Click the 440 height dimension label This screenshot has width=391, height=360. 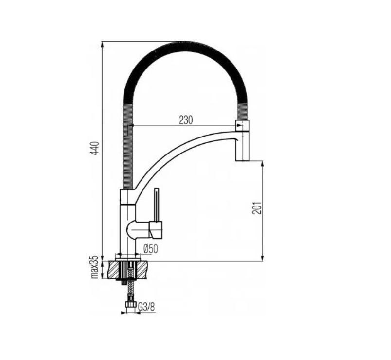coord(96,148)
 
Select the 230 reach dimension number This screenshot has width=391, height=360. coord(185,120)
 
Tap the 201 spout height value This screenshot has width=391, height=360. coord(258,207)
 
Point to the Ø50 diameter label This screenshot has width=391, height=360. coord(151,249)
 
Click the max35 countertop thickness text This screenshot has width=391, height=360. coord(95,267)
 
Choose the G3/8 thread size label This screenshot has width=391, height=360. coord(146,307)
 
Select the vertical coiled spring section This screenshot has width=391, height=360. coord(127,146)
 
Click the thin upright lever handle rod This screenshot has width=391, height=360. coord(157,204)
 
